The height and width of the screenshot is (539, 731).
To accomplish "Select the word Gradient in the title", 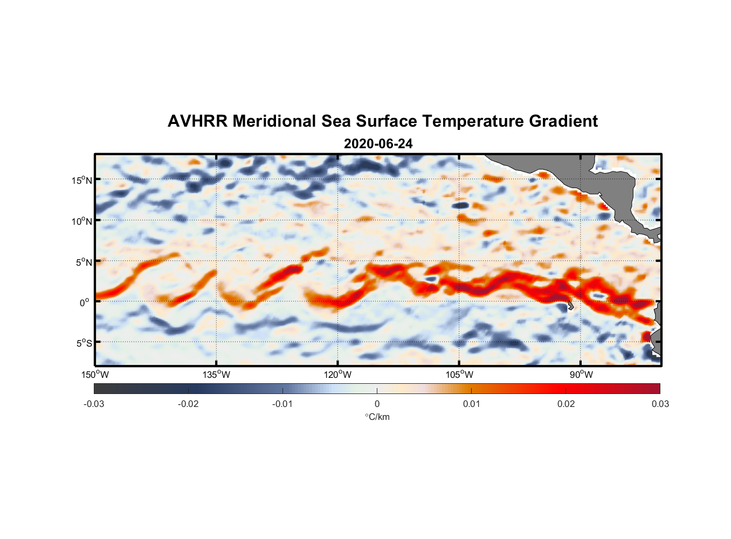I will coord(563,121).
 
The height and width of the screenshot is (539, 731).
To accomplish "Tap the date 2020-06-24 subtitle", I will coord(378,144).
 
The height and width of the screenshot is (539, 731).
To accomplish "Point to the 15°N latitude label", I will coord(82,180).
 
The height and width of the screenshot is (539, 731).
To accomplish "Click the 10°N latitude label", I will coord(82,221).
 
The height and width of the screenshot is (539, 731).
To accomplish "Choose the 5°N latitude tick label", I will coord(84,262).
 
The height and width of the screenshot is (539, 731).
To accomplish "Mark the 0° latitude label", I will coord(85,302).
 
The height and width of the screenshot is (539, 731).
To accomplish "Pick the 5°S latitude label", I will coord(84,343).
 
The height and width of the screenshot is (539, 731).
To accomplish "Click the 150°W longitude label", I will coord(95,375).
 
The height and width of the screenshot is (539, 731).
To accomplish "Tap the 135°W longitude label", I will coord(217,375).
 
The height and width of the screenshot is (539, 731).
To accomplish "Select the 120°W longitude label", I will coord(338,375).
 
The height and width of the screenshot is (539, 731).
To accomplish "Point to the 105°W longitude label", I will coord(459,375).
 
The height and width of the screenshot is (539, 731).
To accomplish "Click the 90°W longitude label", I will coord(581,375).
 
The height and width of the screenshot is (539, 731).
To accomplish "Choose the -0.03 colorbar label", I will coord(94,404).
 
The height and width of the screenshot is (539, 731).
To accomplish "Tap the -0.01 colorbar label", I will coord(282,404).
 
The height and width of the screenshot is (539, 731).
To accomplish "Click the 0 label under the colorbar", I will coord(377,404).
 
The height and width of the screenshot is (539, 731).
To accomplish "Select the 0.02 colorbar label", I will coord(566,404).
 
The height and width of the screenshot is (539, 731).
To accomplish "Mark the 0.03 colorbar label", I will coord(660,404).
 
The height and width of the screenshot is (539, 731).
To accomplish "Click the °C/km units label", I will coord(377,417).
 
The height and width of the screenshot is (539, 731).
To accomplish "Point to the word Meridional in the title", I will coord(274,121).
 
